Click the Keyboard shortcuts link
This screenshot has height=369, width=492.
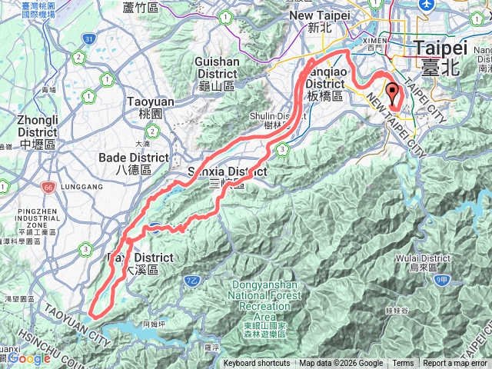click(x=257, y=364)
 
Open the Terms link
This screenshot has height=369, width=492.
click(x=403, y=364)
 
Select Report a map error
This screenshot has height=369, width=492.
click(x=454, y=364)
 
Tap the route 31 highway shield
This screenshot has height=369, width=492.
click(x=90, y=38)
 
